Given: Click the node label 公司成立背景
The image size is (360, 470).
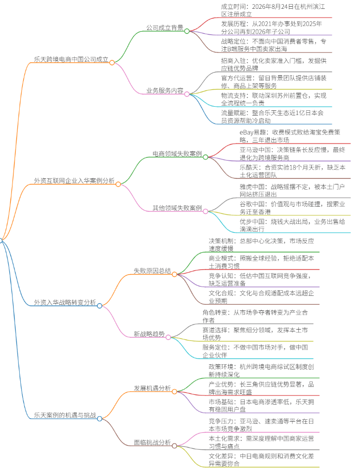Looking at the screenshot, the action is (165, 28).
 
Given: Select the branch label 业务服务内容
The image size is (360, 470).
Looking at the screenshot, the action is (165, 91).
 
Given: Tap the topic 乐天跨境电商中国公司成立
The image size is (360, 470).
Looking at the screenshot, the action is (71, 60).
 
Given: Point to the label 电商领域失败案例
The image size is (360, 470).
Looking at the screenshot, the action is (177, 154).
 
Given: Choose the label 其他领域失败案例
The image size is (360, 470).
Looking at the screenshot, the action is (177, 208).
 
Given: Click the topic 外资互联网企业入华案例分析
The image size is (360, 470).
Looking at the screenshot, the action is (74, 181).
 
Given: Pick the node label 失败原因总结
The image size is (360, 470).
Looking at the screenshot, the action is (152, 271).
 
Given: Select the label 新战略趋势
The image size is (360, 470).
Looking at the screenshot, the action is (149, 334).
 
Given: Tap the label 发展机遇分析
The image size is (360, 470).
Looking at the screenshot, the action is (152, 388).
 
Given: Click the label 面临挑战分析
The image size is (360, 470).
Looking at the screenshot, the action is (152, 443).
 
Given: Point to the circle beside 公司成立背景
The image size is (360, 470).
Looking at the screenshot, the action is (187, 31).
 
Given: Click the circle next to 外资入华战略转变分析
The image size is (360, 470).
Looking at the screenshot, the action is (100, 306).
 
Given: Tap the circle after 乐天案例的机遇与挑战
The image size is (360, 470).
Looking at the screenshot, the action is (100, 419).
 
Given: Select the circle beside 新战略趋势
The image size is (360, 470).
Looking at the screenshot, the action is (168, 337).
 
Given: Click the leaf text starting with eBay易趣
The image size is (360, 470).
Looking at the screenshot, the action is (290, 136).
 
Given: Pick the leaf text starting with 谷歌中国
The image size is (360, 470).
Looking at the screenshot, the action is (292, 208).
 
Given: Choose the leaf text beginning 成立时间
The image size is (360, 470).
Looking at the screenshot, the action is (273, 10).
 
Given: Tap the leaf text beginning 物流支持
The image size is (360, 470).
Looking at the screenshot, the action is (273, 99).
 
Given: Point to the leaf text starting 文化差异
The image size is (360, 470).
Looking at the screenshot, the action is (261, 460).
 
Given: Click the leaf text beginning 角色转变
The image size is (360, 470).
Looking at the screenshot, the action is (255, 316).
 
